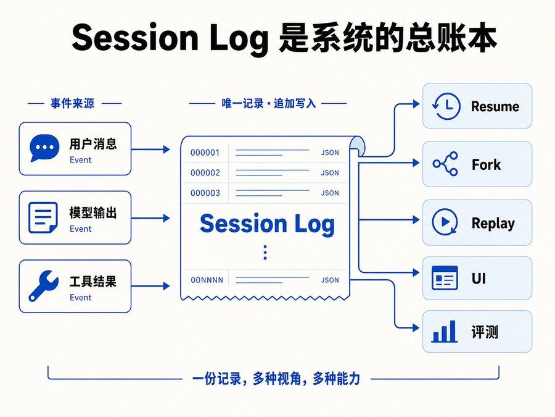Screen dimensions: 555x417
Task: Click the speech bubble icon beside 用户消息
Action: click(x=44, y=148)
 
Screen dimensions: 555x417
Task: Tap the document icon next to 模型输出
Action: click(x=43, y=217)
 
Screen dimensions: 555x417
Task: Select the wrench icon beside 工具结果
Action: click(x=44, y=286)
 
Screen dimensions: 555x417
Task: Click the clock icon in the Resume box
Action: click(x=446, y=106)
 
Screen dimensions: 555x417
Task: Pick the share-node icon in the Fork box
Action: click(x=445, y=164)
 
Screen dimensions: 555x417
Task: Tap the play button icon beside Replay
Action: click(x=445, y=222)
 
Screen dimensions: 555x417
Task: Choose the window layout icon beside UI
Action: click(x=445, y=278)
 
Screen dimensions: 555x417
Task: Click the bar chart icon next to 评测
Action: click(x=444, y=331)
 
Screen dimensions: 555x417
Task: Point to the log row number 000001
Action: click(x=205, y=153)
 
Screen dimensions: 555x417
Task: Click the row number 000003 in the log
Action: click(x=205, y=193)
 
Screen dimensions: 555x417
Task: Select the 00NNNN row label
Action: click(x=207, y=280)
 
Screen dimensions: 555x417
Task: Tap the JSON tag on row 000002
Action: click(x=330, y=173)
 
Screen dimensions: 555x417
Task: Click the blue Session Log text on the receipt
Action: click(x=267, y=224)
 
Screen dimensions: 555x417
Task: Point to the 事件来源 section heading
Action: click(x=72, y=104)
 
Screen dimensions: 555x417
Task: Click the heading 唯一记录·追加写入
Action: click(x=268, y=104)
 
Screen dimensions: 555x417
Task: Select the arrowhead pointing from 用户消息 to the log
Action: click(x=166, y=150)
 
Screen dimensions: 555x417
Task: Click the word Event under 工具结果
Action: click(x=80, y=298)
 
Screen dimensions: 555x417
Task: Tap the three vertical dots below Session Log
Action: click(x=265, y=253)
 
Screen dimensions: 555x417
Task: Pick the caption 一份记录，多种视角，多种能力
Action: click(x=276, y=379)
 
